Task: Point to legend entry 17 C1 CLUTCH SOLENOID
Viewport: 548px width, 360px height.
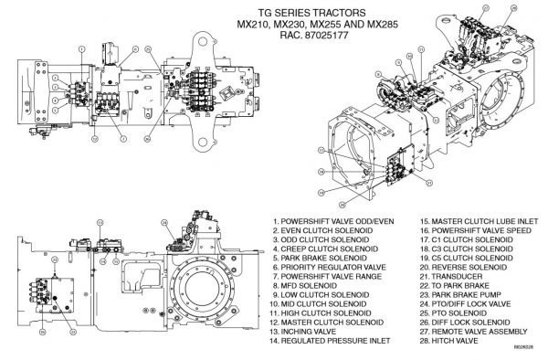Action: tap(469, 239)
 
